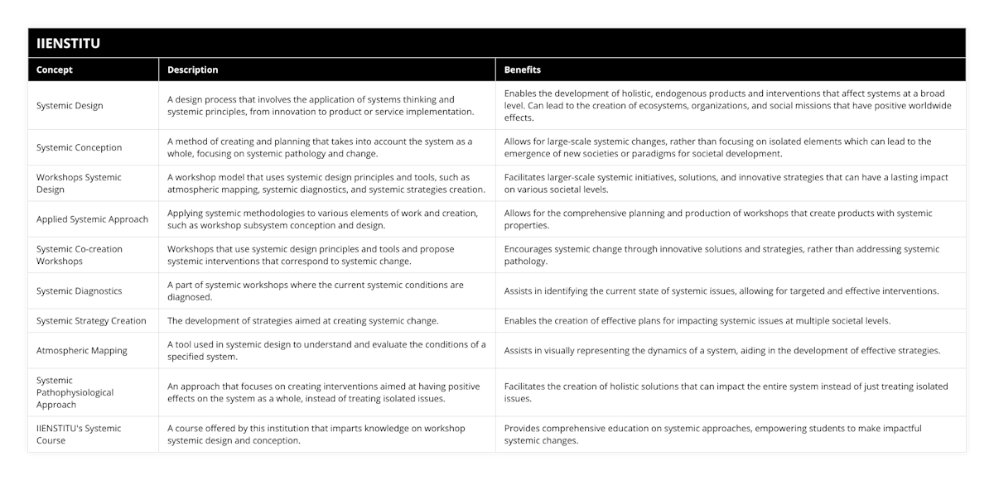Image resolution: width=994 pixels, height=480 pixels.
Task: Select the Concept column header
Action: pos(55,70)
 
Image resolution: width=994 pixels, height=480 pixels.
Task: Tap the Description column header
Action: pos(193,70)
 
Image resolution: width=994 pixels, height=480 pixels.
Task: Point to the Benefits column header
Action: pos(523,70)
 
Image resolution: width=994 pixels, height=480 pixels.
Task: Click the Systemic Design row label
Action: pos(70,106)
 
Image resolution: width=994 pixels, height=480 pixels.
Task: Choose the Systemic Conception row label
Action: pos(79,147)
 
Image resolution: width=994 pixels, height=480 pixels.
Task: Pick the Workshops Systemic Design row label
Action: pos(79,183)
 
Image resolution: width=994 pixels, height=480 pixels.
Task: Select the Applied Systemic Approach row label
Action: pos(92,219)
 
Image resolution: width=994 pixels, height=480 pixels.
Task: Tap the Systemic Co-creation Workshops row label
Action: pos(79,255)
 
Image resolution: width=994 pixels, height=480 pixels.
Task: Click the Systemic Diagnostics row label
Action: pos(79,291)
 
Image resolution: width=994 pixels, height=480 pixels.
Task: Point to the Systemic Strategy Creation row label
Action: pos(91,321)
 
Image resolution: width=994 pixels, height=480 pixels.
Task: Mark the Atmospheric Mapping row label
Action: pos(81,351)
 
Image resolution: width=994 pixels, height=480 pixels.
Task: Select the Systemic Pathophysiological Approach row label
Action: pos(75,392)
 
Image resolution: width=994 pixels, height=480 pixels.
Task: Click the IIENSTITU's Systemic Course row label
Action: pos(79,434)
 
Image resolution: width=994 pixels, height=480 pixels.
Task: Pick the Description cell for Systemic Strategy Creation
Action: pos(302,321)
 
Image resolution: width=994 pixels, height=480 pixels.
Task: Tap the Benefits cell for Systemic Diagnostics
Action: pos(721,291)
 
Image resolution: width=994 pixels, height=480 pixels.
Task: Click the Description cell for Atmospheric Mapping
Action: pos(326,351)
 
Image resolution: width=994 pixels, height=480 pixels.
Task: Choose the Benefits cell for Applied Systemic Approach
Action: pos(717,219)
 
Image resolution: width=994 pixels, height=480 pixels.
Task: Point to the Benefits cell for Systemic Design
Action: pos(727,106)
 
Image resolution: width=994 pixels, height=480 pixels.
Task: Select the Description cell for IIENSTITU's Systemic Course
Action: pos(316,434)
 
